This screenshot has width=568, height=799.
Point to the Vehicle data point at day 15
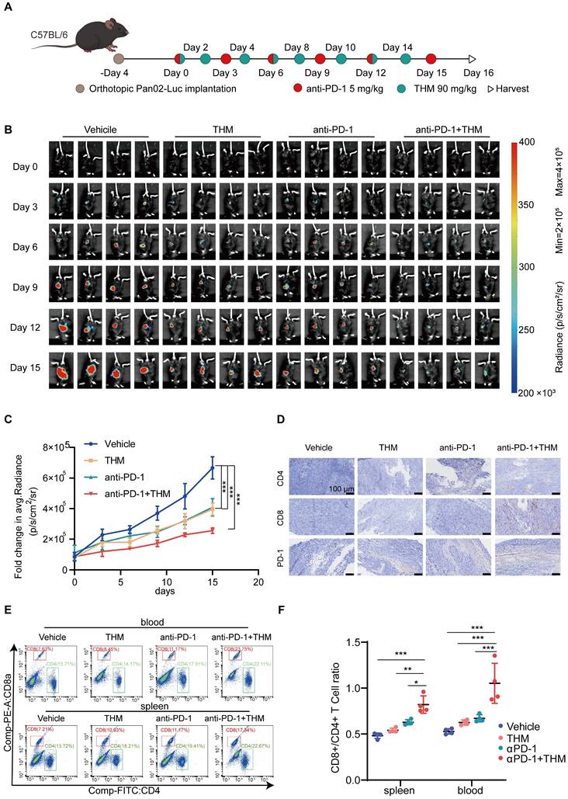(212, 467)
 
